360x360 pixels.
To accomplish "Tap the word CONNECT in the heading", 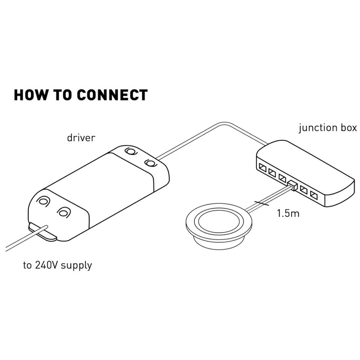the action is point(112,95).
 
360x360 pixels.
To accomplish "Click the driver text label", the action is point(81,138).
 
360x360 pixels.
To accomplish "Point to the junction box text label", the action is point(328,128).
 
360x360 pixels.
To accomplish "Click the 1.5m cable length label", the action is point(288,213).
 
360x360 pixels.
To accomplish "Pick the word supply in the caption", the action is point(76,265).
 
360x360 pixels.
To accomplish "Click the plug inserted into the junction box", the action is point(292,185).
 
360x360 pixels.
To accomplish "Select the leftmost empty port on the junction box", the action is point(262,167).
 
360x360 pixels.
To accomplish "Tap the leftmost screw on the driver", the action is point(43,201).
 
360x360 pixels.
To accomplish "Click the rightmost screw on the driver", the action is point(150,163).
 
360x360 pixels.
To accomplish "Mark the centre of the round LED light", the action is point(219,222).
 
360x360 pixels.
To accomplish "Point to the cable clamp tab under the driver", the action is point(42,231).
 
